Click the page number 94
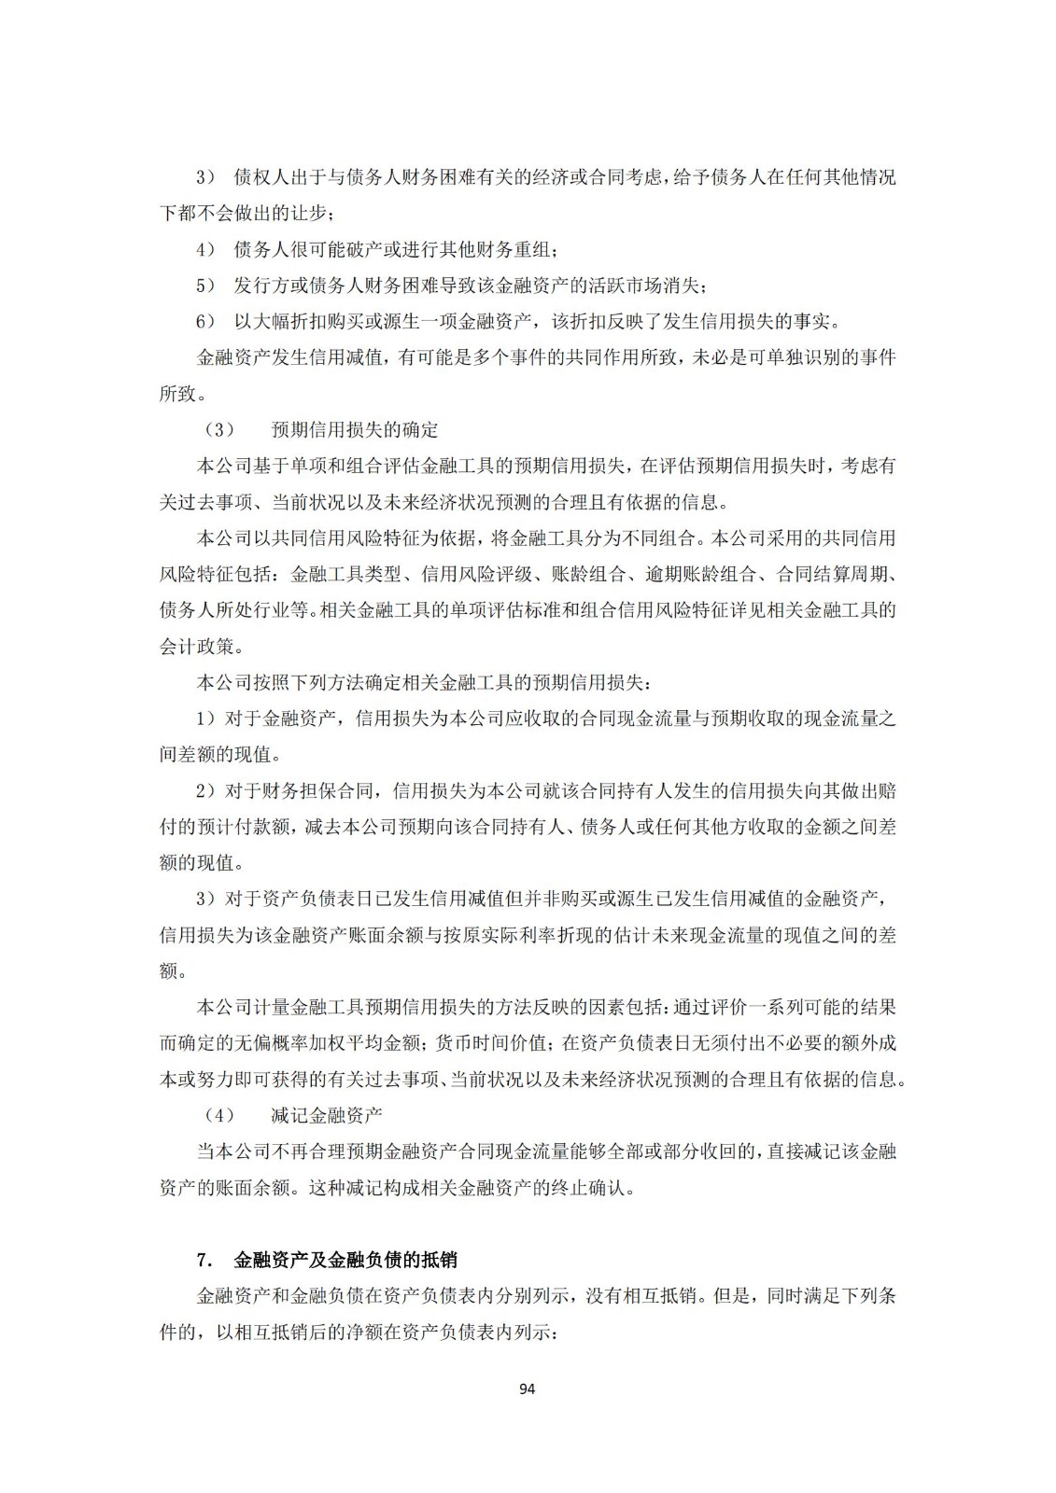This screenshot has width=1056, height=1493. [527, 1388]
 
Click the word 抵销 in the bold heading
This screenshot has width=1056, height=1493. [439, 1260]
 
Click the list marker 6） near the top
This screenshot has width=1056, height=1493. [205, 322]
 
